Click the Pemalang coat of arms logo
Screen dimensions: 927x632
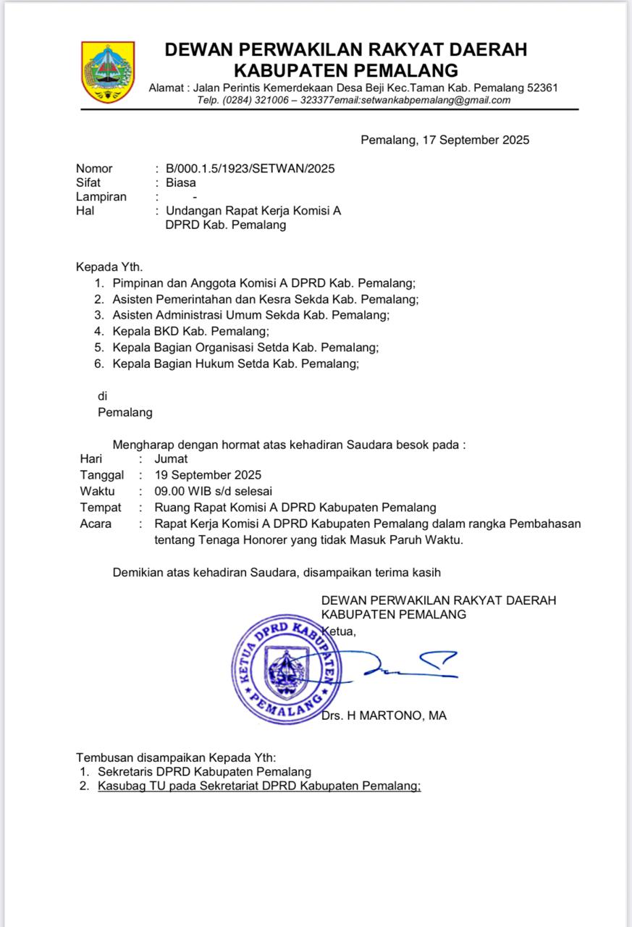coord(108,72)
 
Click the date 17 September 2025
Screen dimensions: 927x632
coord(474,140)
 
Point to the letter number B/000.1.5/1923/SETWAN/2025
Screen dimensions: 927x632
coord(250,169)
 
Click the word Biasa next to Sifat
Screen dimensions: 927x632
coord(180,183)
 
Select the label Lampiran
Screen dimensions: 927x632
coord(101,196)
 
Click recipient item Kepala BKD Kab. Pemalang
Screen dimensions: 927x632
coord(190,332)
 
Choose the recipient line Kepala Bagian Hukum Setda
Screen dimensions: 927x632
coord(235,364)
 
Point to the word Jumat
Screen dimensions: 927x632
coord(171,458)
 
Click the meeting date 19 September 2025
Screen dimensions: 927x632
coord(208,475)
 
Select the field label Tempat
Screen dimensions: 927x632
coord(101,507)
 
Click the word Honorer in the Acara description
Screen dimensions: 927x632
coord(259,540)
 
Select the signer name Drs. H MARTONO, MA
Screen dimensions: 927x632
coord(384,716)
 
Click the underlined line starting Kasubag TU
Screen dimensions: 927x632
coord(258,786)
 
